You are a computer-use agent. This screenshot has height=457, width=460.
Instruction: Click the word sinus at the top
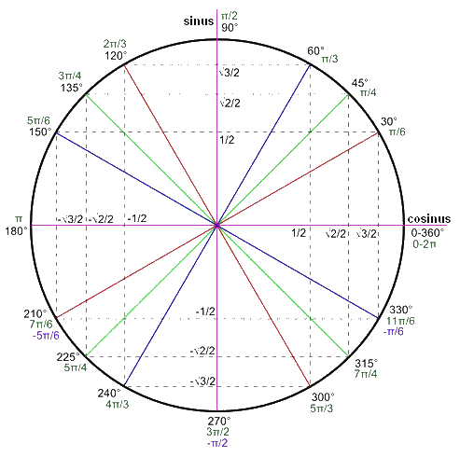(199, 21)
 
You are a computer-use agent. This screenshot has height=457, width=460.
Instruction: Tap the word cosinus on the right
(429, 219)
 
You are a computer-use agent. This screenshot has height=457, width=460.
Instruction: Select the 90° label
(230, 28)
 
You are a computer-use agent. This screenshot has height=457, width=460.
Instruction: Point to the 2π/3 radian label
(115, 44)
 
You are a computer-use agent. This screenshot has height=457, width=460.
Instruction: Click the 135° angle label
(72, 88)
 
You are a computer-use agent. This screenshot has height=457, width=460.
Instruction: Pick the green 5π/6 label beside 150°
(38, 120)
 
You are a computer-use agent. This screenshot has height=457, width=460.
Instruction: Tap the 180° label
(16, 231)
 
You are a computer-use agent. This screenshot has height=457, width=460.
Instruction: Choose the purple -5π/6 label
(46, 336)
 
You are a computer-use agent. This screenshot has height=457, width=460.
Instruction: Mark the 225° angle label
(68, 357)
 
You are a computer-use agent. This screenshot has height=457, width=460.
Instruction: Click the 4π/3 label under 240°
(117, 405)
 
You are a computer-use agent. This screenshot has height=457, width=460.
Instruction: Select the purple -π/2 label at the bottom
(217, 443)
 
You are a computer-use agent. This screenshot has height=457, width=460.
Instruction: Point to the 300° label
(323, 397)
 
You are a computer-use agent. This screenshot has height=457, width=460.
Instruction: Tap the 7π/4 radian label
(366, 374)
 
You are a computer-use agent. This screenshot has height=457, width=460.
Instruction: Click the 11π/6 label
(400, 321)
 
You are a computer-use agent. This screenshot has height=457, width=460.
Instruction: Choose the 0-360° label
(427, 232)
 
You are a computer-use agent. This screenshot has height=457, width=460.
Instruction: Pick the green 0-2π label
(425, 244)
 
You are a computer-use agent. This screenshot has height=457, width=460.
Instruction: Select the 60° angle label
(316, 50)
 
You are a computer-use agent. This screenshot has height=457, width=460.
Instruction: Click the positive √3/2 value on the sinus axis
(229, 73)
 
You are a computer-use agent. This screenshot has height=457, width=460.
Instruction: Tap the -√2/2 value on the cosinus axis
(101, 219)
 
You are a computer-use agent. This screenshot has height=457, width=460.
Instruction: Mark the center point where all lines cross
(216, 225)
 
